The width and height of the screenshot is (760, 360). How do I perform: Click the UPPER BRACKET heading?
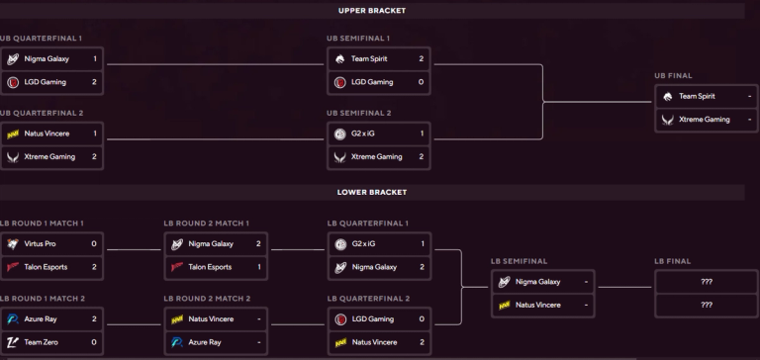click(372, 11)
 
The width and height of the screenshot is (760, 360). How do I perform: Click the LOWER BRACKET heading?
click(372, 192)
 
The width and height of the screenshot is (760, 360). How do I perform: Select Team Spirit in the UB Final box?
click(698, 96)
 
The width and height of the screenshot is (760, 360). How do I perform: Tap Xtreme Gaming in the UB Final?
click(704, 120)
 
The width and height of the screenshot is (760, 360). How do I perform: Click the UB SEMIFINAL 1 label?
click(357, 38)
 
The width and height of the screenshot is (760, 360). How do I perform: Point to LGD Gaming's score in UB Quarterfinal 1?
click(94, 82)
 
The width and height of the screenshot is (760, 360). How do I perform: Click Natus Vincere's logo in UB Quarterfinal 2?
click(13, 134)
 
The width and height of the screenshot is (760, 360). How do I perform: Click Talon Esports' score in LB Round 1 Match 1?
click(94, 267)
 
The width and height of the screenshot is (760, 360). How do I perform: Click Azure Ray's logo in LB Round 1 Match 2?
click(13, 318)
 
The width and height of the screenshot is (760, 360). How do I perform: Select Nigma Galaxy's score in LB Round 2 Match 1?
click(257, 243)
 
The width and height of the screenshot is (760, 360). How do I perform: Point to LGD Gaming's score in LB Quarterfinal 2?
click(422, 318)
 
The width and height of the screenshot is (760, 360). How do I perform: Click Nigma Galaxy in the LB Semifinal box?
click(538, 282)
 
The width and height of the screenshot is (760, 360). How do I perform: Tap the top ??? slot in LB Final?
click(707, 282)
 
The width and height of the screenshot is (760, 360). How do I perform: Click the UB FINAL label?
click(673, 75)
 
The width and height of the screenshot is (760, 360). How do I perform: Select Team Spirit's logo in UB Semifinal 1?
click(340, 59)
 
